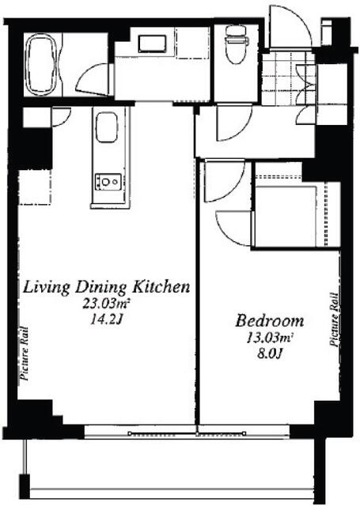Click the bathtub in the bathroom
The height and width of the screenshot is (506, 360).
(42, 65)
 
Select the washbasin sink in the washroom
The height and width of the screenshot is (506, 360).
(152, 43)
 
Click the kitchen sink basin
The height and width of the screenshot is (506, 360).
(106, 127)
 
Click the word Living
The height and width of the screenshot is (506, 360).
(46, 287)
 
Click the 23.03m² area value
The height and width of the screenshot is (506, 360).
(106, 304)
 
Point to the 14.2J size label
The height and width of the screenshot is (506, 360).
(106, 319)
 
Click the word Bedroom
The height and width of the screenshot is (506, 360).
(270, 321)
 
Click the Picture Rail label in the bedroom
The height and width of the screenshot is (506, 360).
(334, 319)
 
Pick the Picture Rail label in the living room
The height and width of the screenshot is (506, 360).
(25, 353)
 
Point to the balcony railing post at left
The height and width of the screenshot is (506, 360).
(25, 485)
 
